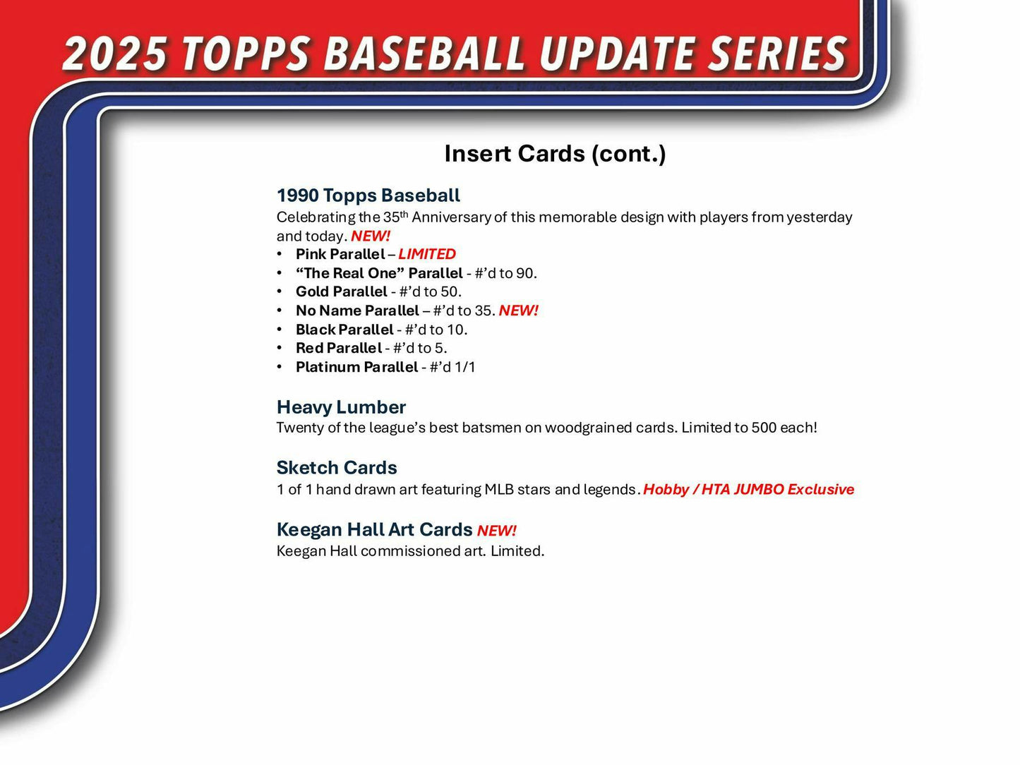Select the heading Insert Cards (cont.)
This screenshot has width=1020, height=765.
click(555, 153)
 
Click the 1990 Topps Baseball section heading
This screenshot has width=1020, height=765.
click(368, 195)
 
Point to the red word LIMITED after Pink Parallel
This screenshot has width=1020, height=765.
click(427, 254)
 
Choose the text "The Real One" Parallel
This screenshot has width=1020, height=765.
click(379, 273)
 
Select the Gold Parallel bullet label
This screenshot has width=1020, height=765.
click(342, 291)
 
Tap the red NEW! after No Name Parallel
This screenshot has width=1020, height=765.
click(518, 311)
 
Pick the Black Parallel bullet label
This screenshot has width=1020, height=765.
click(344, 330)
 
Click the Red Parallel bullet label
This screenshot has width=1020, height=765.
click(339, 348)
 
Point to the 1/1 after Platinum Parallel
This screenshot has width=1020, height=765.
click(465, 367)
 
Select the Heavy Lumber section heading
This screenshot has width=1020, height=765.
click(341, 407)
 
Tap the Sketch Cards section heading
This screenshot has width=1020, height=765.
click(337, 468)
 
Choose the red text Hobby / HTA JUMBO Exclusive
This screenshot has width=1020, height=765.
click(748, 490)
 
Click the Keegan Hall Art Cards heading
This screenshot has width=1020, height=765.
click(374, 530)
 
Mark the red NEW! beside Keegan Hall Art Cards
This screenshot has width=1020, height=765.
click(497, 531)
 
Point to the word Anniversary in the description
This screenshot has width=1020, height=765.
click(451, 217)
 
